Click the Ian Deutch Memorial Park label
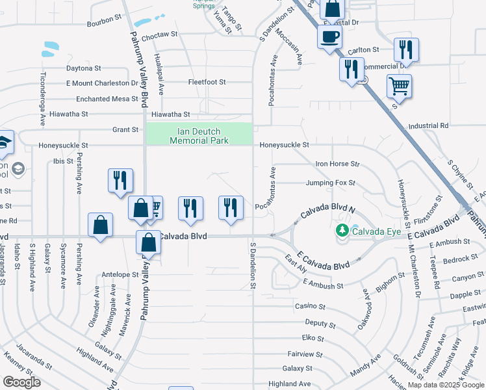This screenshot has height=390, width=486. tap(199, 135)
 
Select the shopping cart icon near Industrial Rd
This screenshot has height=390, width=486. tap(399, 86)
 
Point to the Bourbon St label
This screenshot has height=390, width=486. tap(103, 23)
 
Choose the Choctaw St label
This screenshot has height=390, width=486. tap(159, 37)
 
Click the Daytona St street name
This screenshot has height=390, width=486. tap(83, 68)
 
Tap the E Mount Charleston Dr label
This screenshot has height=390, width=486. tap(102, 83)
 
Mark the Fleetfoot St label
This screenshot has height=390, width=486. tap(207, 83)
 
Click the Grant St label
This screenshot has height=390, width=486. tap(125, 129)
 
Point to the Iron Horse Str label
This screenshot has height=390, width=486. tap(337, 164)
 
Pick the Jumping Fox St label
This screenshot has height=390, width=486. tap(331, 183)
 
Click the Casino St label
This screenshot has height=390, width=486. tap(310, 305)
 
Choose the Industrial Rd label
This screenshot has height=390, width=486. tap(428, 125)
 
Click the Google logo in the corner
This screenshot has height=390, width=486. tap(21, 382)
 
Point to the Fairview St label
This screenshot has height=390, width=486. tap(305, 354)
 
